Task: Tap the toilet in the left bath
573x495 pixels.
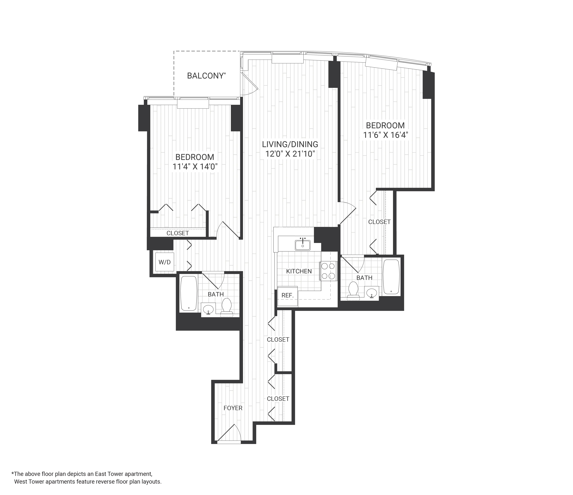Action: pyautogui.click(x=227, y=306)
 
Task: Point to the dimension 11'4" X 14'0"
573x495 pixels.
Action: pyautogui.click(x=195, y=167)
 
